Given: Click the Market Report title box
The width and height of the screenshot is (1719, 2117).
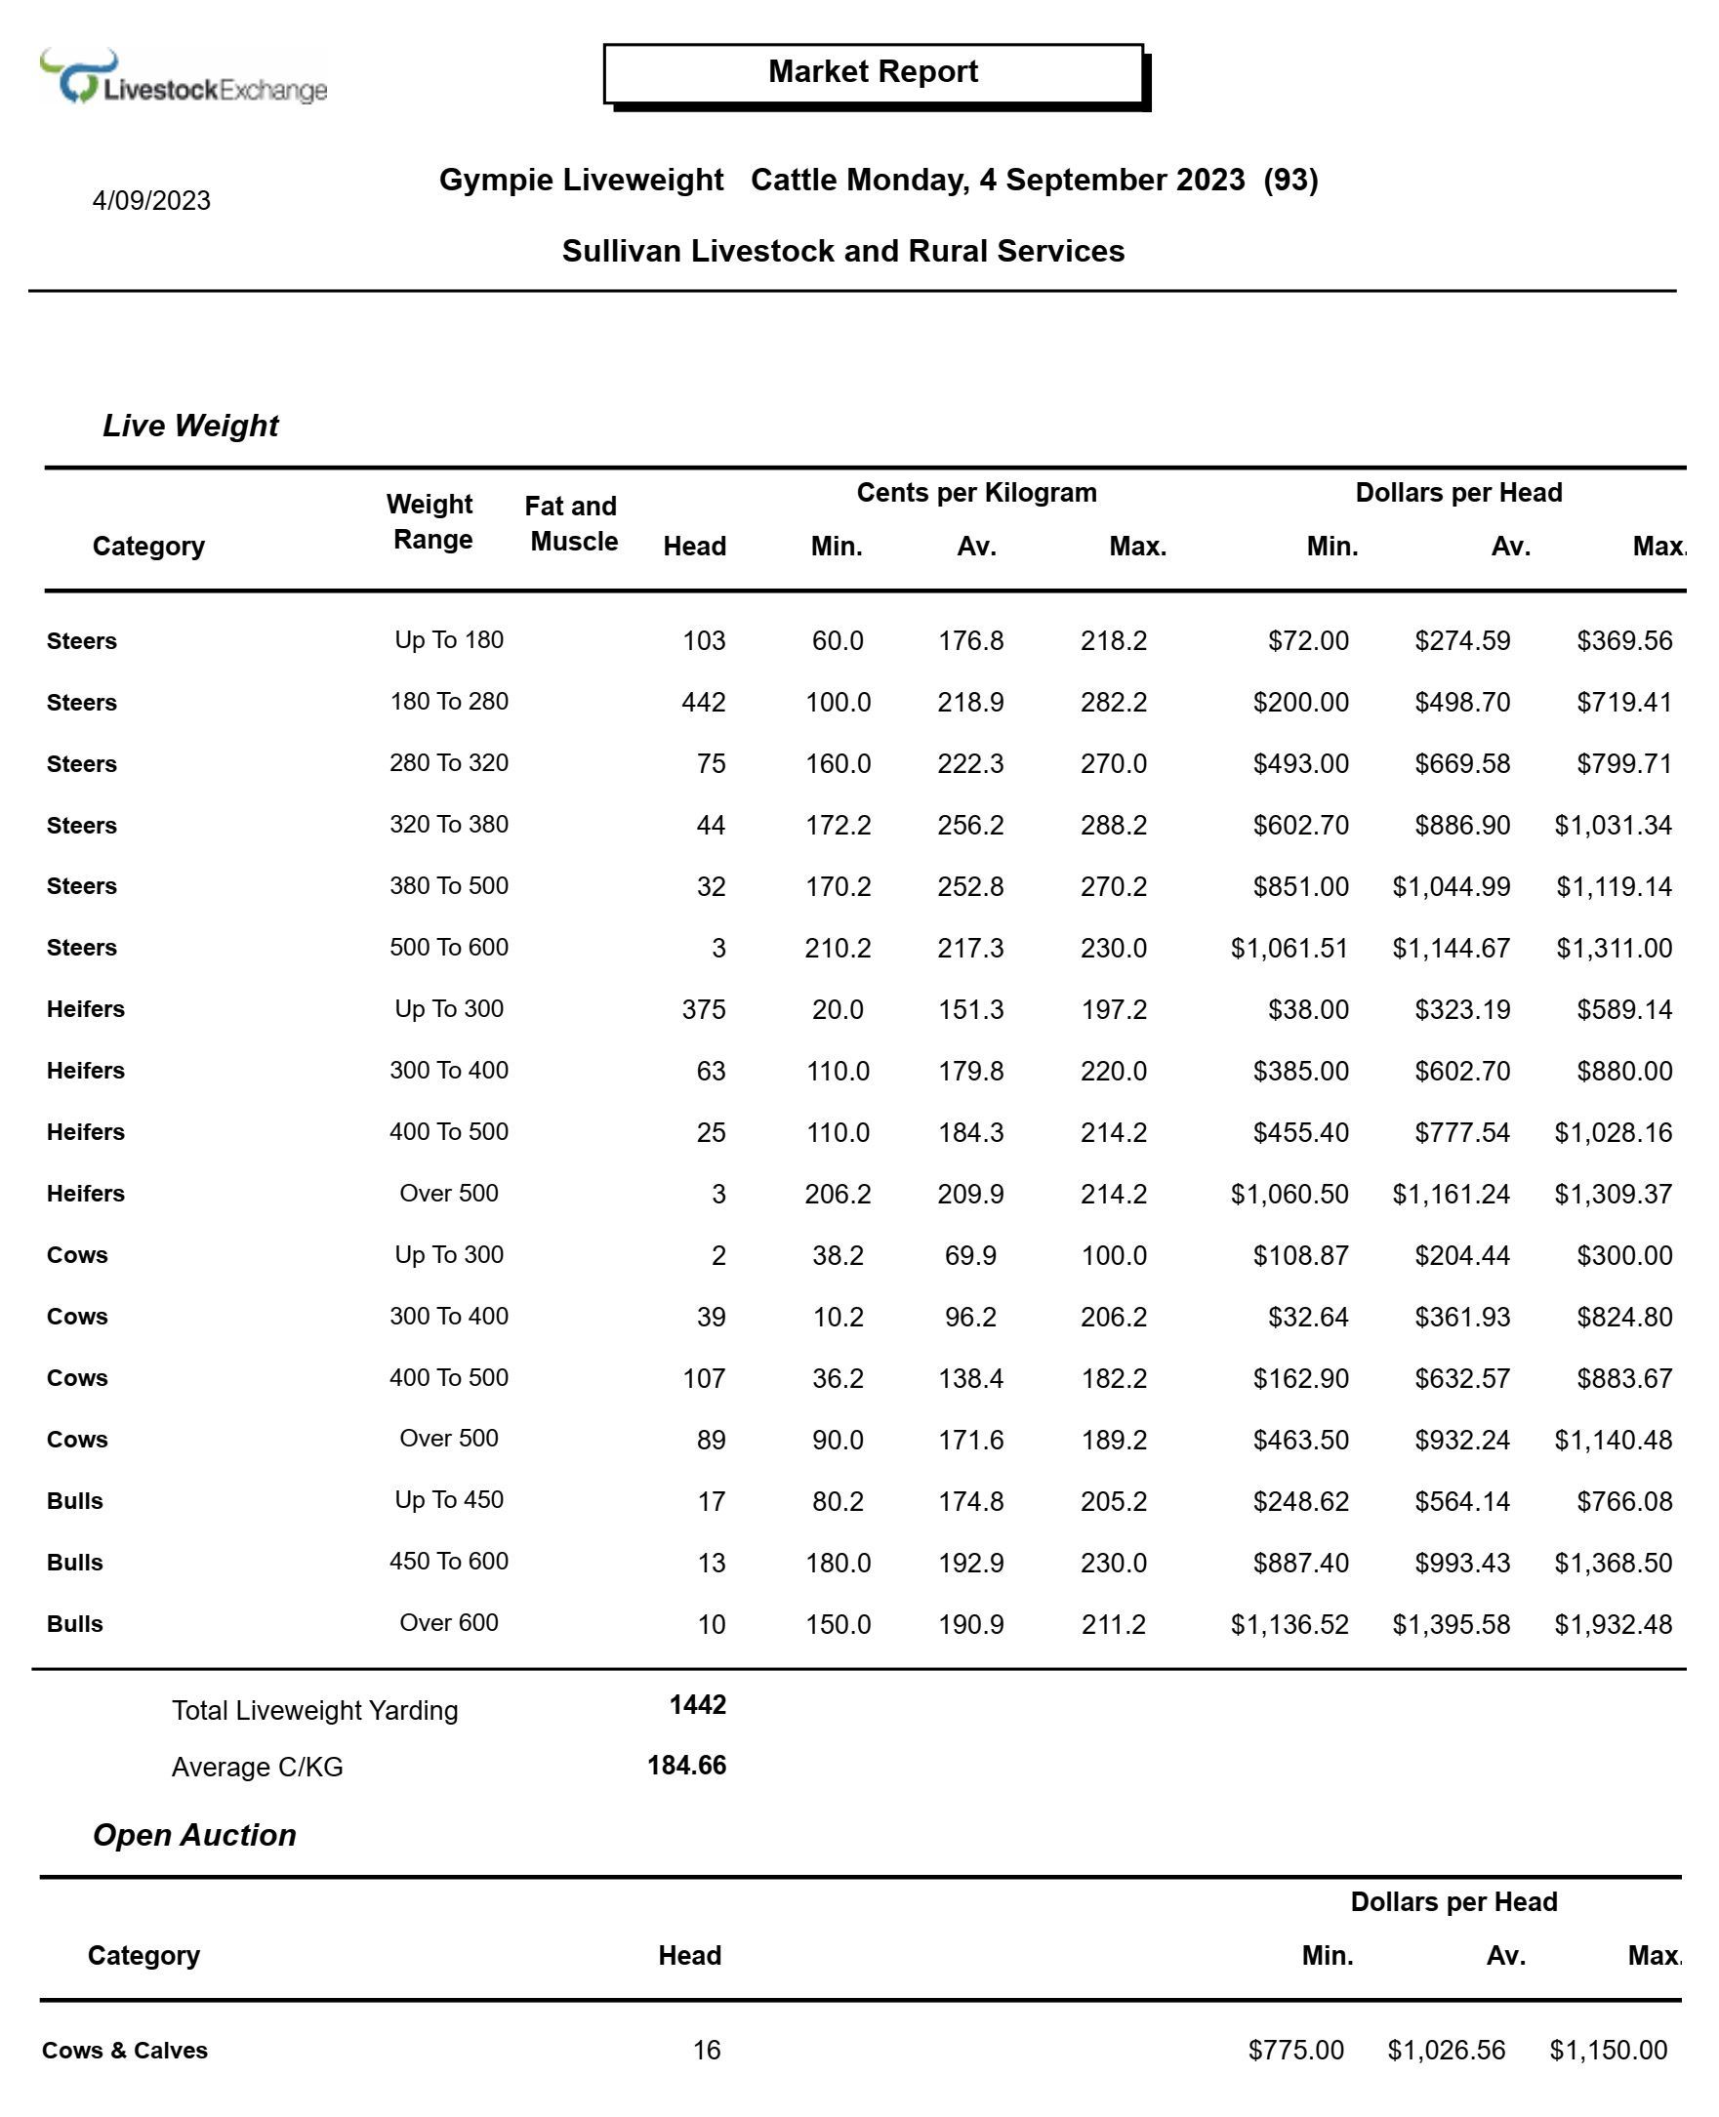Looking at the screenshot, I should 873,72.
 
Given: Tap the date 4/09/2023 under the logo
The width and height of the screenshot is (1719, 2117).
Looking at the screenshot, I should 151,201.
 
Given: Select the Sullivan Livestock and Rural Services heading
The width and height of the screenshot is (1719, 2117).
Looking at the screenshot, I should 842,252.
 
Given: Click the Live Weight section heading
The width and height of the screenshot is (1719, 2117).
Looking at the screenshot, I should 190,426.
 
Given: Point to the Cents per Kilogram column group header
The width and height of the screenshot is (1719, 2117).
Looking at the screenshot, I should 975,493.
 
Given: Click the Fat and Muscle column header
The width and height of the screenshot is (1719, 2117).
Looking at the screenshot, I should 572,524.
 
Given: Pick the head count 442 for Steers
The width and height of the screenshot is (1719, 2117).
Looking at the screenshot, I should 703,703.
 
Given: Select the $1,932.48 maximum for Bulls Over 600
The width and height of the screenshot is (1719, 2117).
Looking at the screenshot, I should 1612,1625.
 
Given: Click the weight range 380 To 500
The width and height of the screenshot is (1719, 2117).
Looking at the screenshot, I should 449,886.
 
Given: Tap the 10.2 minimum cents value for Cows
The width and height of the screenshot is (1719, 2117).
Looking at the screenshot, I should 838,1317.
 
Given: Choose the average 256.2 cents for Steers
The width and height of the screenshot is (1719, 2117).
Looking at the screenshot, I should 970,826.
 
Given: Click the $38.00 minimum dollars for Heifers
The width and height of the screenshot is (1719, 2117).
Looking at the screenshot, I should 1308,1010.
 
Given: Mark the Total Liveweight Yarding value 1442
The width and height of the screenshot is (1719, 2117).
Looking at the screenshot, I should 697,1705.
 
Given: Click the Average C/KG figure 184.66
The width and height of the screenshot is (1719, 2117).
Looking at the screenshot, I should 686,1766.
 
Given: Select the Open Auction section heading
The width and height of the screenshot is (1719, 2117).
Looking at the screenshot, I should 194,1836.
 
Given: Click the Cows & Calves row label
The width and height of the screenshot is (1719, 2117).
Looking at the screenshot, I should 125,2051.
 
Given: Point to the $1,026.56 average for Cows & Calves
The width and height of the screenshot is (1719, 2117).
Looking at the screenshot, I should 1446,2051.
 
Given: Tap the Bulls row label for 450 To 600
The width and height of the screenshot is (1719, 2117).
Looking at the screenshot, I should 75,1564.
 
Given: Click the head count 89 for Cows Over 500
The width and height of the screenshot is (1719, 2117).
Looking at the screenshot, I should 710,1441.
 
